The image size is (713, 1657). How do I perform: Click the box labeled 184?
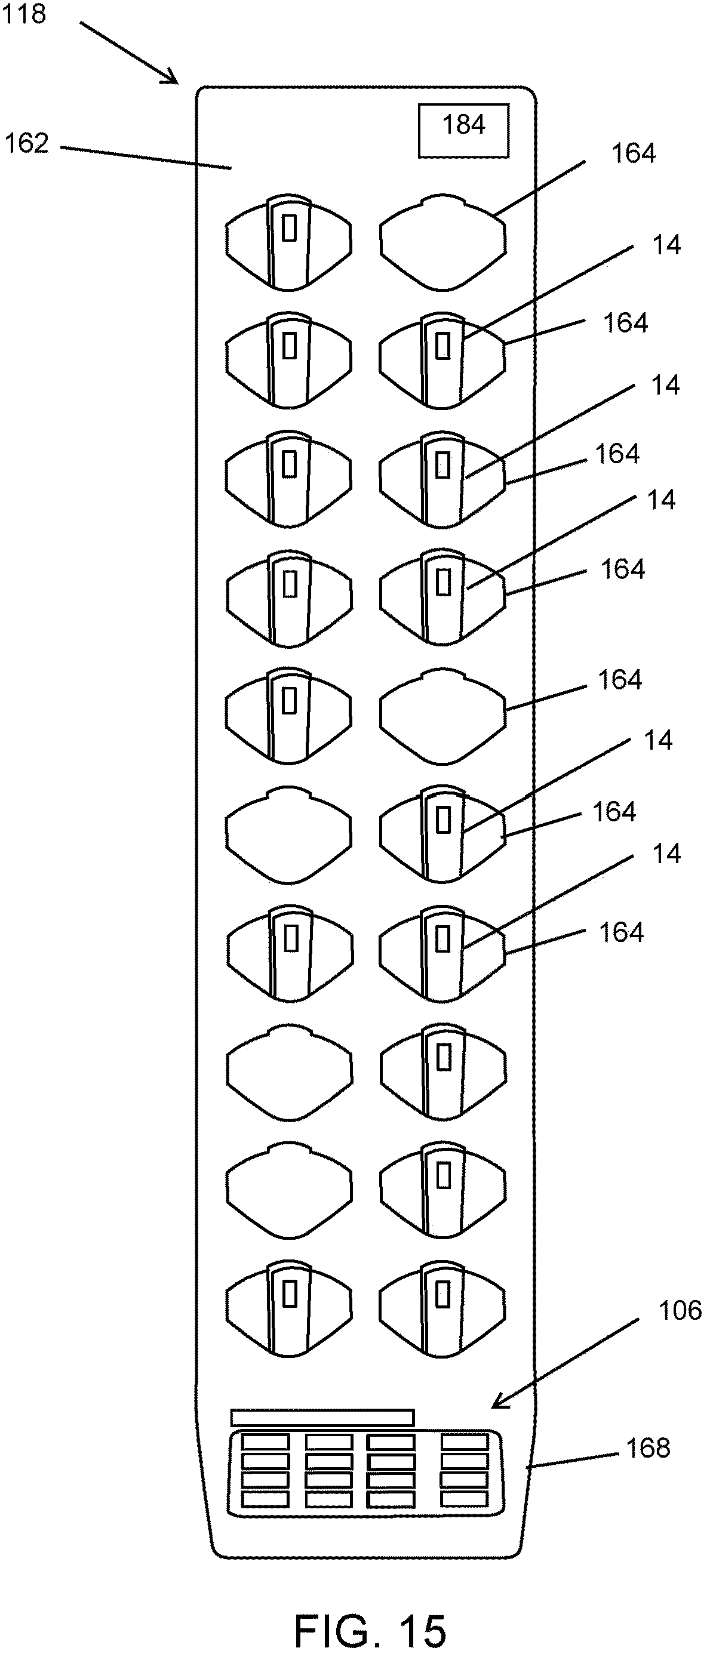point(463,131)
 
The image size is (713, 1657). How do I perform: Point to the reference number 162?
point(26,143)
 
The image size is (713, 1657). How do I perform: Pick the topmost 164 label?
point(633,154)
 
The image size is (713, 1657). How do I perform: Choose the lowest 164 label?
point(621,932)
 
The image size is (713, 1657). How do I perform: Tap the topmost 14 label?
point(666,245)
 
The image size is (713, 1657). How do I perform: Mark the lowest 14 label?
point(666,854)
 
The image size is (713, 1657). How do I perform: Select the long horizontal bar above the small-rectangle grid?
point(322,1417)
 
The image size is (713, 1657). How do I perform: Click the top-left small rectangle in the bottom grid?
point(265,1442)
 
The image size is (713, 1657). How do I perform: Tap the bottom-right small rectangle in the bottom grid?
point(465,1499)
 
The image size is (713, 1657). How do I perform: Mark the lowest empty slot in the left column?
point(290,1192)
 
